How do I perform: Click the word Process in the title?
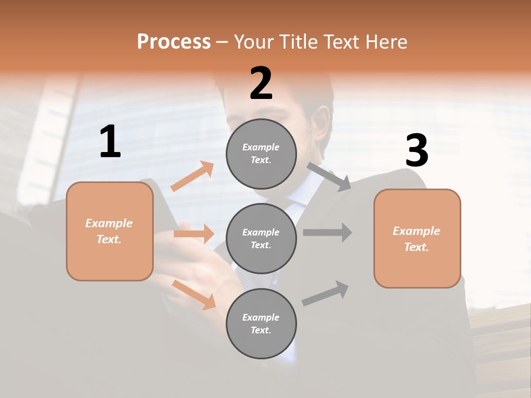(x=174, y=41)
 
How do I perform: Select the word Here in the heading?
(x=386, y=41)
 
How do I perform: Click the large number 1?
(x=110, y=142)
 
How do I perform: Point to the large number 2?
(x=261, y=83)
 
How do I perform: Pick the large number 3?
(x=417, y=151)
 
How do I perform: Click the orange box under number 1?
(x=110, y=231)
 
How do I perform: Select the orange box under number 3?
(x=417, y=239)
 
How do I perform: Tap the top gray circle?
(x=261, y=154)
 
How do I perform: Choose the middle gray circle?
(x=261, y=238)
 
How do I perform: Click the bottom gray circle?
(x=261, y=323)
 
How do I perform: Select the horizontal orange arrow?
(x=194, y=234)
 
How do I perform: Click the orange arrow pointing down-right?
(x=194, y=294)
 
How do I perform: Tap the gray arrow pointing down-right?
(x=329, y=176)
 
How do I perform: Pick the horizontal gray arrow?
(x=327, y=232)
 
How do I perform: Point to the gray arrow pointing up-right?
(x=325, y=294)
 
